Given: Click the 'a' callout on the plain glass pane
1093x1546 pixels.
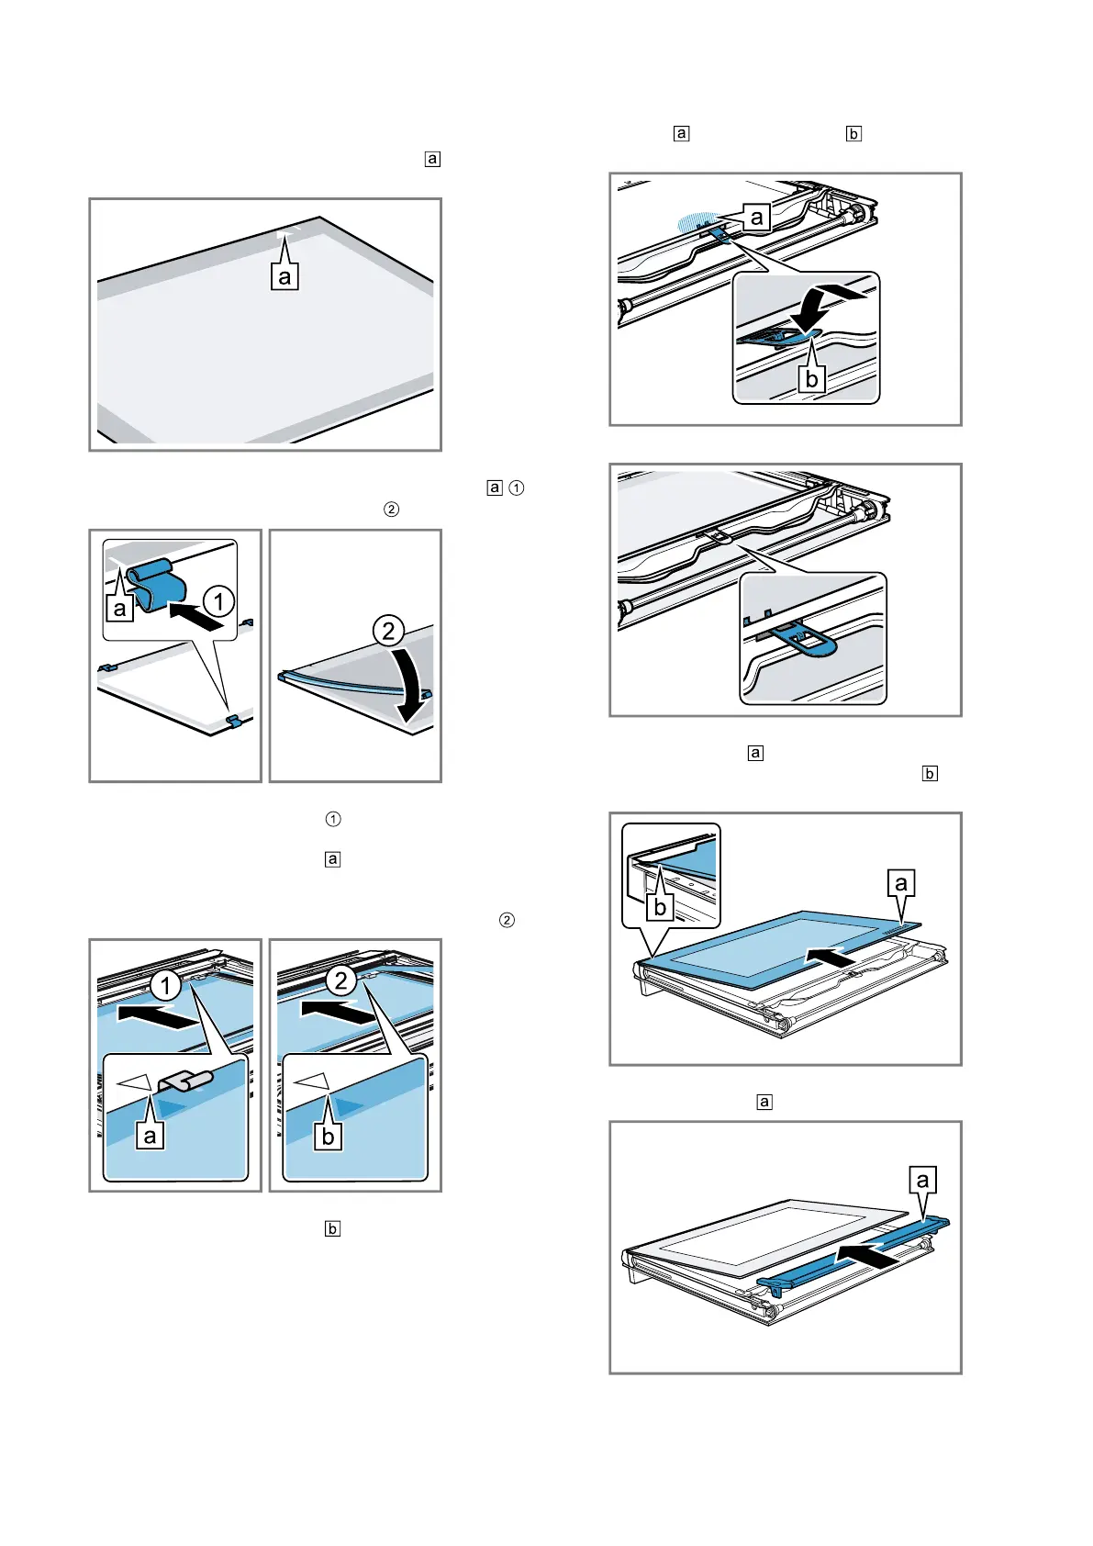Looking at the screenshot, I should [284, 276].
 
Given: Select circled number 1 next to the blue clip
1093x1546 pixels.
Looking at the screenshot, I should [218, 602].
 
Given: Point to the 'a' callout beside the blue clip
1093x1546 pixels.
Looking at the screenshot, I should [120, 609].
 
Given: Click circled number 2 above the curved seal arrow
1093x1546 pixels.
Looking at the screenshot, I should [388, 631].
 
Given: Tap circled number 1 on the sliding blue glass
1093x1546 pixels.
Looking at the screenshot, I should [165, 987].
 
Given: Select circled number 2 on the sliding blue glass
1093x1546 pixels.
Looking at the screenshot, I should [341, 980].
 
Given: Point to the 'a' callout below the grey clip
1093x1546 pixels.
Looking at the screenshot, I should [151, 1136].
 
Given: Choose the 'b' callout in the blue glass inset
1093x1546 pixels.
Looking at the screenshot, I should [329, 1136].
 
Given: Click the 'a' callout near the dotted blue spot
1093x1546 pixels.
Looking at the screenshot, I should [757, 218].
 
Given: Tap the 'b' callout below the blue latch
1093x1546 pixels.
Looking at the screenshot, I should [811, 378].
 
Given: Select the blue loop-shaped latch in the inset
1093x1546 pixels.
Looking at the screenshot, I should [808, 640].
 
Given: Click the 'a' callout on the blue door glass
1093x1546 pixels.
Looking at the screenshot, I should [901, 883].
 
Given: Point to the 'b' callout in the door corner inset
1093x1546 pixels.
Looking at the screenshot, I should [660, 907].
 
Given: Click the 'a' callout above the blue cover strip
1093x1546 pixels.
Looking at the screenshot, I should [923, 1181].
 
